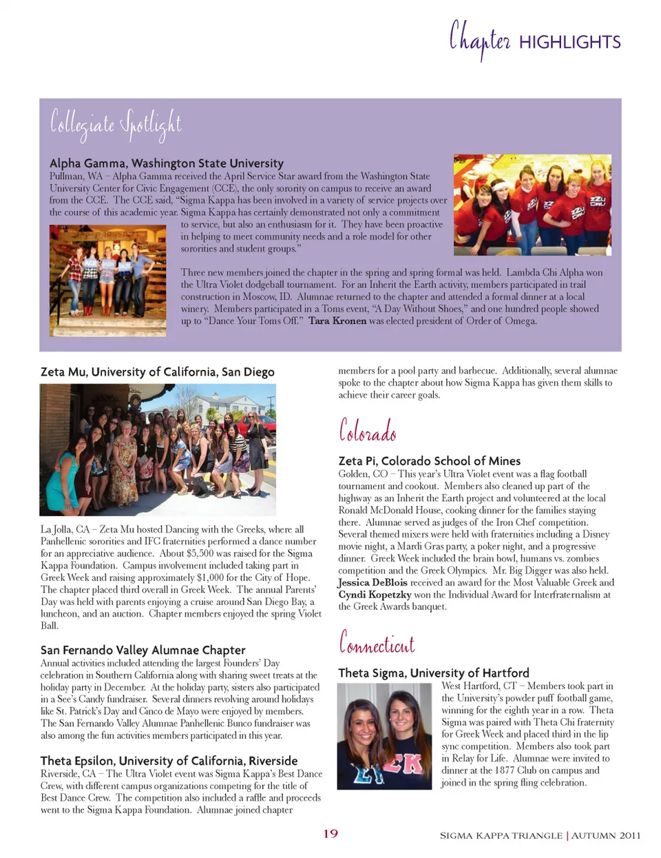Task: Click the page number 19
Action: (x=330, y=833)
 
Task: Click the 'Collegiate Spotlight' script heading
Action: (x=116, y=124)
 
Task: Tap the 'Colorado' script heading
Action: (x=367, y=431)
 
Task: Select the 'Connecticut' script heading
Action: (x=377, y=643)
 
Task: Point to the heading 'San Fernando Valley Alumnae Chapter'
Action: (x=143, y=650)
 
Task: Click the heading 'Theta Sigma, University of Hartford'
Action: (x=434, y=673)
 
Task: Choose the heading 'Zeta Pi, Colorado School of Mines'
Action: (x=429, y=460)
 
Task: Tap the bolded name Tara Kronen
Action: (x=337, y=320)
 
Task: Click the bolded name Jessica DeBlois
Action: (x=373, y=582)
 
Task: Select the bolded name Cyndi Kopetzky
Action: (x=375, y=594)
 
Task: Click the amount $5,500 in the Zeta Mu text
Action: (x=203, y=553)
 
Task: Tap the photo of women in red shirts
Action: (x=532, y=205)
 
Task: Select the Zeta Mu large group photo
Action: (x=158, y=449)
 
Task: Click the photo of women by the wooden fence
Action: (x=107, y=280)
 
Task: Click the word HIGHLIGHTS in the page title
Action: (x=569, y=42)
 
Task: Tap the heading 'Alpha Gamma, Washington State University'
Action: (x=166, y=163)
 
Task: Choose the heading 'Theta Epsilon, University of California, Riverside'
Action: (x=169, y=761)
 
